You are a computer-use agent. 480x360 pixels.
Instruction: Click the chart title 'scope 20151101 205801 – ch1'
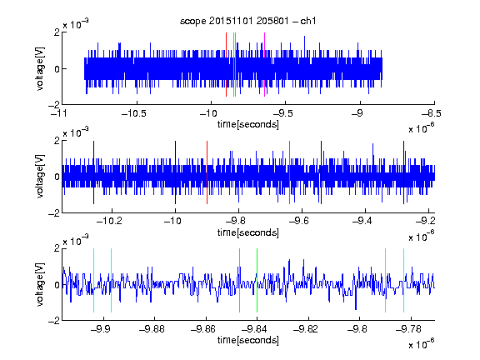point(247,21)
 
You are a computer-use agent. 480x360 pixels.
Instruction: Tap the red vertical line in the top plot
point(226,65)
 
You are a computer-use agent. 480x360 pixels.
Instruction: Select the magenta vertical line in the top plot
point(264,65)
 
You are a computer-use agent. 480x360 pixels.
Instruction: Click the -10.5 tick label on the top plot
point(134,113)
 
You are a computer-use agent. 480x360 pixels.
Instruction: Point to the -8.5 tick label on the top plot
point(432,113)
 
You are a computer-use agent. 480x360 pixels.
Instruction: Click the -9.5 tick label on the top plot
point(282,113)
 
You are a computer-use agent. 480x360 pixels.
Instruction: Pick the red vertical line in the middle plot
point(207,172)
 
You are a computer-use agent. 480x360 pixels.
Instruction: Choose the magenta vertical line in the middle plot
point(290,172)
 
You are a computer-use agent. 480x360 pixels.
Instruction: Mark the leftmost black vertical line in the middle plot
point(93,172)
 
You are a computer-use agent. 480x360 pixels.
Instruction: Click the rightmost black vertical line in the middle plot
point(403,172)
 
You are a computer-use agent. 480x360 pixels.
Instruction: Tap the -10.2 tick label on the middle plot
point(109,221)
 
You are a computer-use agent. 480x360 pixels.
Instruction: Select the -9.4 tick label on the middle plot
point(362,221)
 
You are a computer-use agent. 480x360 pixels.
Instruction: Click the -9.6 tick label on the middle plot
point(299,221)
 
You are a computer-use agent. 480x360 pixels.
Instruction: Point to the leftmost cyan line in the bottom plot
point(93,280)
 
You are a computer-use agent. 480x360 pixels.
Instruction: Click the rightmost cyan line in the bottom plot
point(403,280)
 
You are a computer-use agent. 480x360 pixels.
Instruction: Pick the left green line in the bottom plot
point(239,280)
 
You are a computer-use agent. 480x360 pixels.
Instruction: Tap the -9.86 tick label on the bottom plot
point(203,329)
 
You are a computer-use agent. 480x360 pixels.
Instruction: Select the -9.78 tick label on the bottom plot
point(408,329)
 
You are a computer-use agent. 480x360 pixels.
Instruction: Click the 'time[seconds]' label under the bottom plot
point(248,340)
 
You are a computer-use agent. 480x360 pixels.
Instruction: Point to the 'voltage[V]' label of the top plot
point(40,68)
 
